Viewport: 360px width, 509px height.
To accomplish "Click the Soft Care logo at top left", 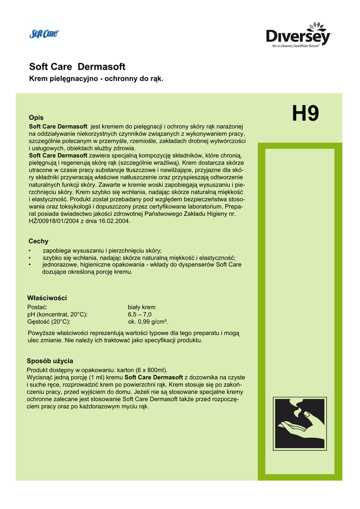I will tap(44, 33).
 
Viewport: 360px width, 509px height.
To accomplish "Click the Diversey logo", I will tap(298, 36).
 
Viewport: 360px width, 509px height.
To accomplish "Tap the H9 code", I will tap(305, 113).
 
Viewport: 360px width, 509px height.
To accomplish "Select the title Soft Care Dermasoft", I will tap(77, 67).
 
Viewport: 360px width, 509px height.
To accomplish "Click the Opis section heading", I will tap(36, 117).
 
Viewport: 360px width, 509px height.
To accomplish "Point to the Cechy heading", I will tap(38, 241).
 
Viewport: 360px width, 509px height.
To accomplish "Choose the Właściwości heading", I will tap(47, 298).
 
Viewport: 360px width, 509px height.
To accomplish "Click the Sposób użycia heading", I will tap(50, 360).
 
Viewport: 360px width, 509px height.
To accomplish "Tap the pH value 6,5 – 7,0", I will tap(140, 315).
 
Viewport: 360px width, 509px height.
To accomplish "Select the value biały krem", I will tap(142, 307).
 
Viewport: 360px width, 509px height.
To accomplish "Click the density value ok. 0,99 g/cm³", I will tap(148, 322).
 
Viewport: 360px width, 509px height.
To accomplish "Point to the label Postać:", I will tap(37, 307).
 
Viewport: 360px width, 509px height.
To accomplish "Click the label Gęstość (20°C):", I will tap(49, 322).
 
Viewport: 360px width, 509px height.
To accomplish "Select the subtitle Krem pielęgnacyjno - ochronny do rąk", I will tap(96, 79).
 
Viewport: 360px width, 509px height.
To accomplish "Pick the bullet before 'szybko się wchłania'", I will tap(30, 257).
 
